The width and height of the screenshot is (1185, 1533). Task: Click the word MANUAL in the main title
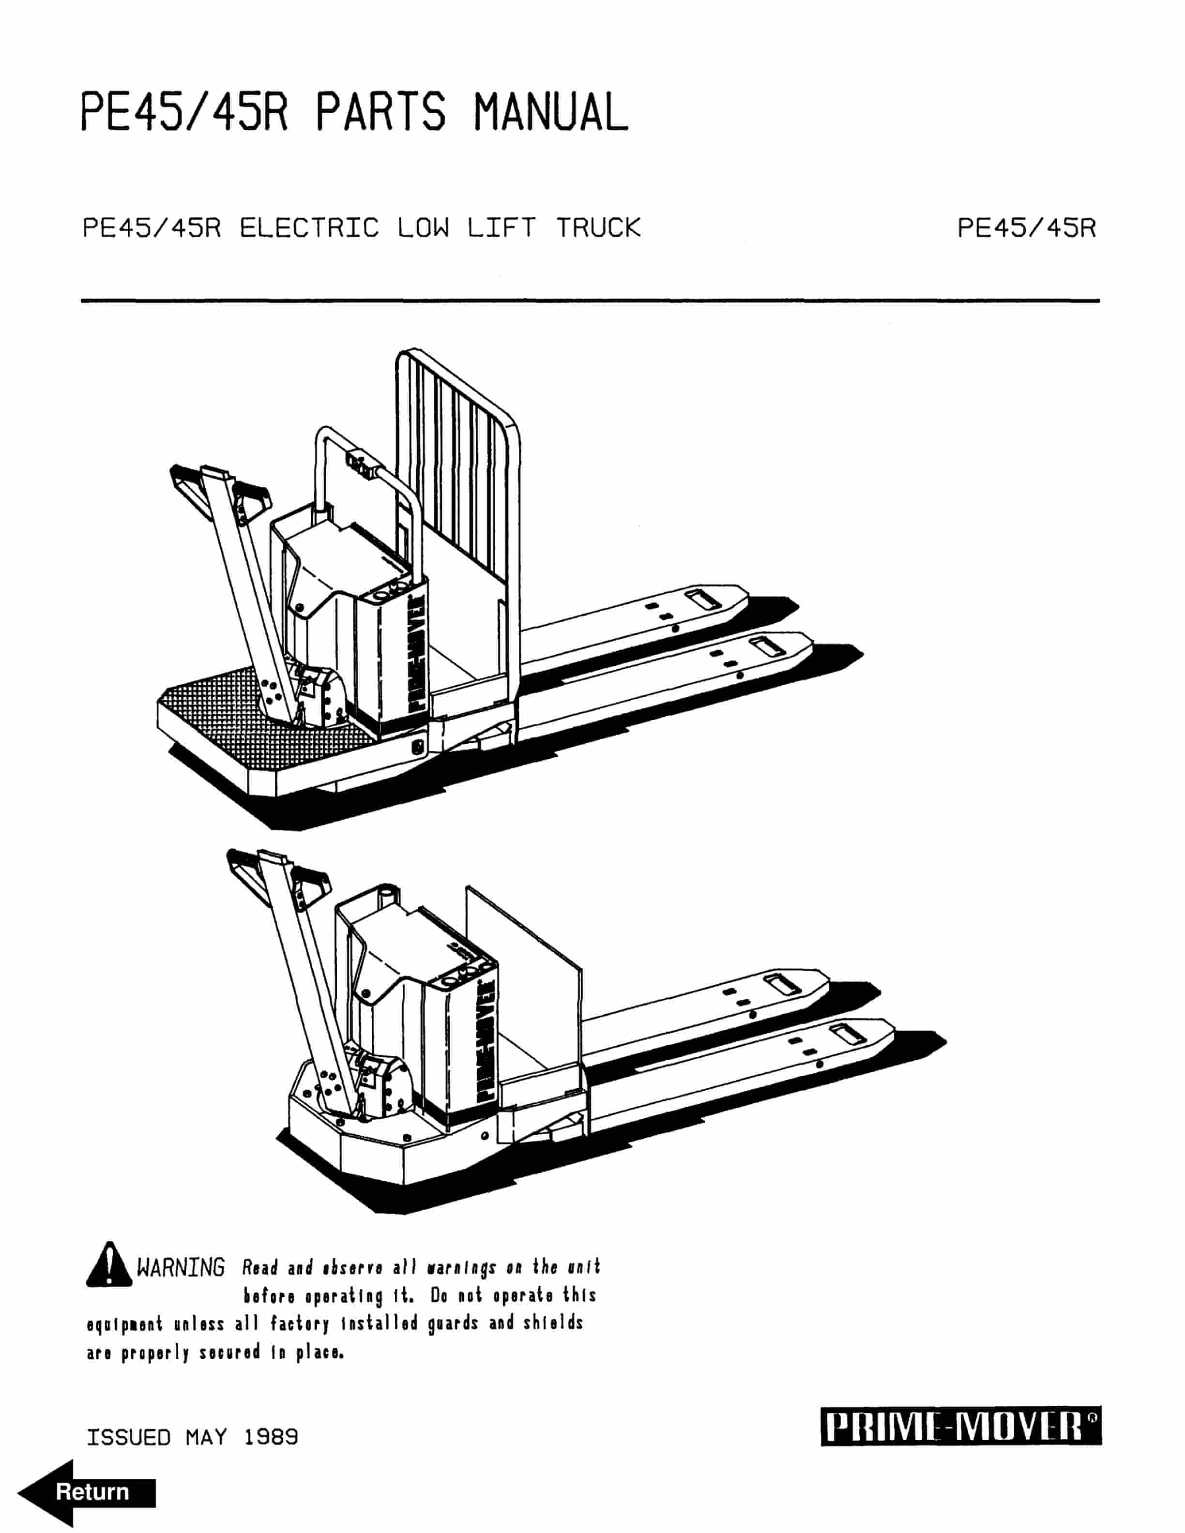coord(550,112)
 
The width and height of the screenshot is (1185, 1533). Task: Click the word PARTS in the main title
coord(380,112)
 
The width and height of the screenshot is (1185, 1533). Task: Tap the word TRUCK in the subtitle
coord(598,228)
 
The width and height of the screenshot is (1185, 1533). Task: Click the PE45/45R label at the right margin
coord(1026,228)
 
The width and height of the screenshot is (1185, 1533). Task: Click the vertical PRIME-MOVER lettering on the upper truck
coord(415,653)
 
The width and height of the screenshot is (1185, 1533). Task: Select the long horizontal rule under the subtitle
coord(590,301)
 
